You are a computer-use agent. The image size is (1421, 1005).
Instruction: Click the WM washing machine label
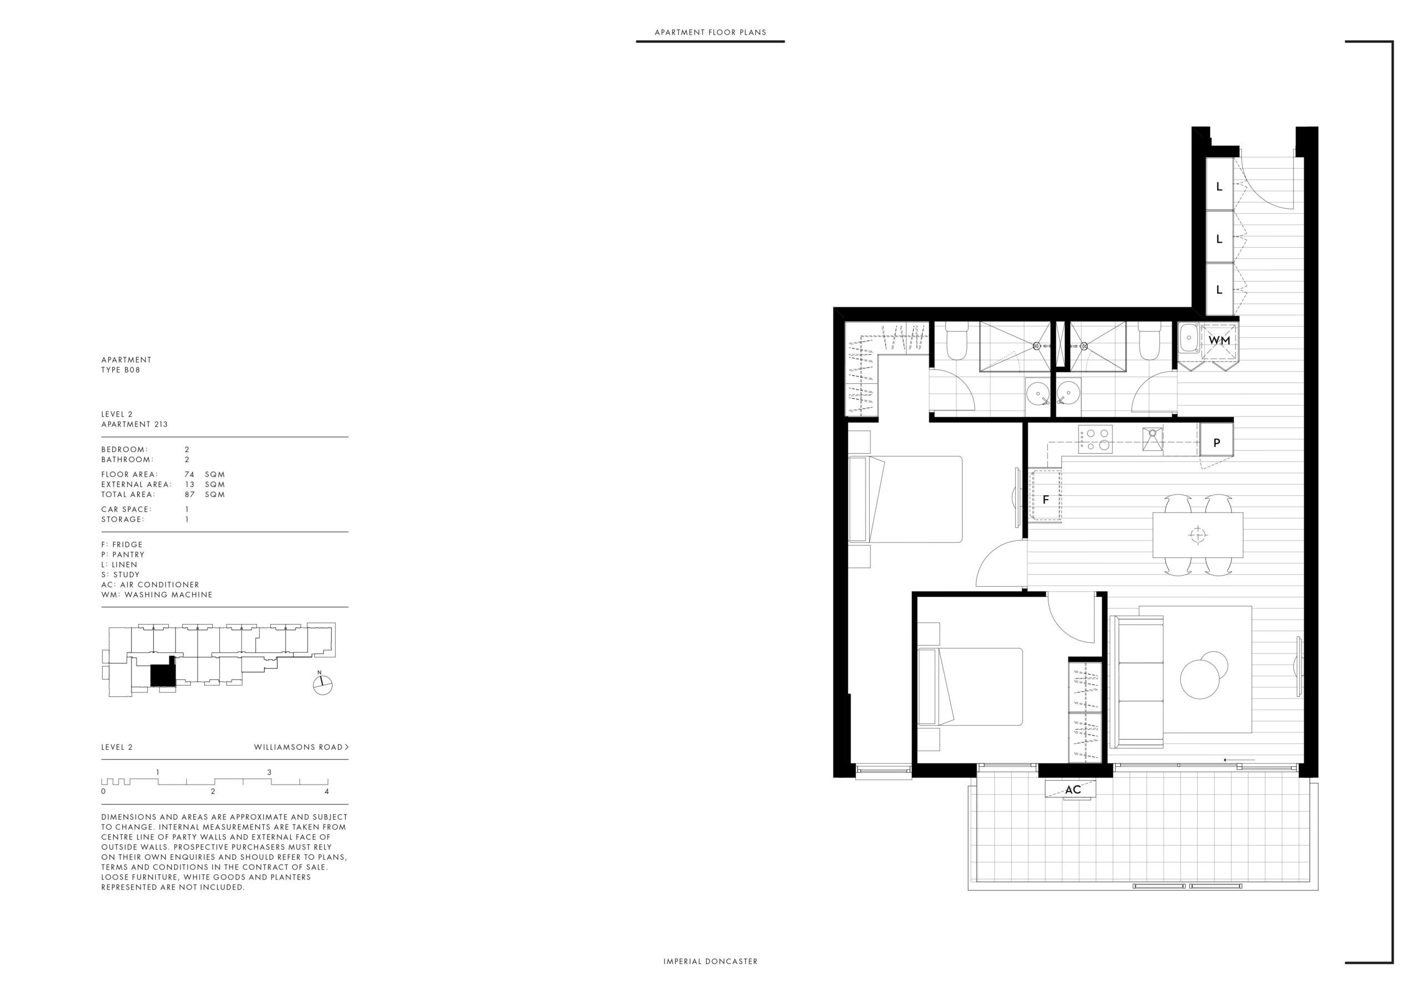[1220, 340]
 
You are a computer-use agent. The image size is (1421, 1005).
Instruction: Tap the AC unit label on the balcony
[1072, 790]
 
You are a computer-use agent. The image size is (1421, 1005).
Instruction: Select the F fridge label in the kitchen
[1046, 500]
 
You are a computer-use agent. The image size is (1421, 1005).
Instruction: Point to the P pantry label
[1217, 443]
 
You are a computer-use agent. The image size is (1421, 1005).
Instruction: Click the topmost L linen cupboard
[1220, 184]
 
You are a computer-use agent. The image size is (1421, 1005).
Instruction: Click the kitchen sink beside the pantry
[1152, 439]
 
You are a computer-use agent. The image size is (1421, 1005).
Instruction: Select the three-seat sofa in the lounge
[1136, 682]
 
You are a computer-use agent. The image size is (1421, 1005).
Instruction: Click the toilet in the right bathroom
[1150, 343]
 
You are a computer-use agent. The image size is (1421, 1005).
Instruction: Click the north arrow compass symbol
[322, 684]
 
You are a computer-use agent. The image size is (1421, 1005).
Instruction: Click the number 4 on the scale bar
[327, 791]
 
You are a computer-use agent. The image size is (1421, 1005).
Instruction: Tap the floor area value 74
[189, 474]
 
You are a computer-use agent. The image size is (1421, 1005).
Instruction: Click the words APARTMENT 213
[134, 424]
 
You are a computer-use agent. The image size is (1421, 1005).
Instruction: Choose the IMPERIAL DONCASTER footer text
[710, 962]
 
